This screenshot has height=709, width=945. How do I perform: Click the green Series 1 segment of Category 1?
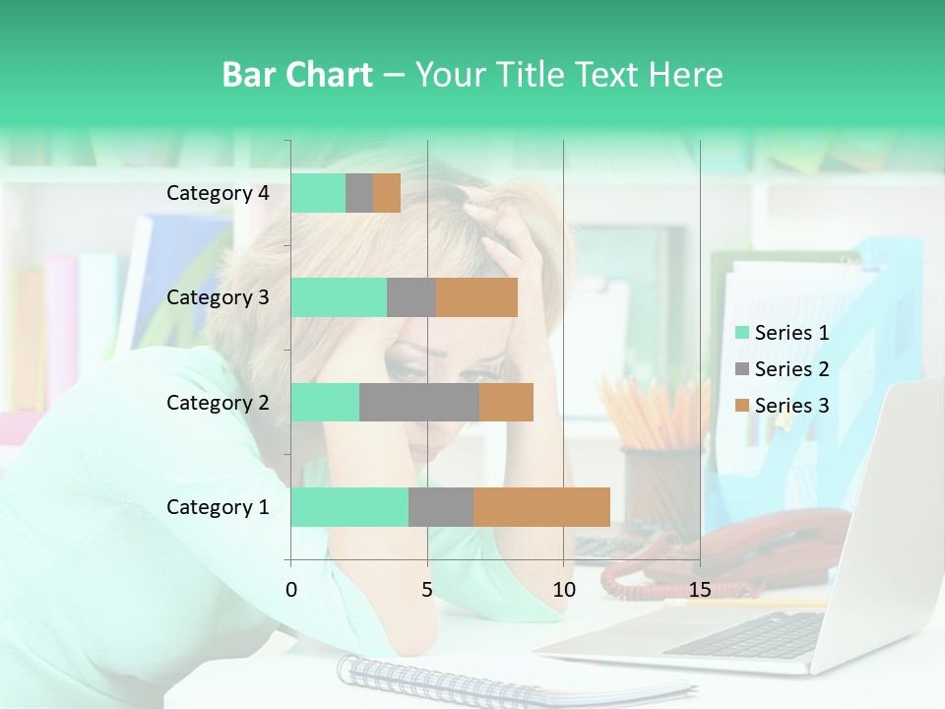349,507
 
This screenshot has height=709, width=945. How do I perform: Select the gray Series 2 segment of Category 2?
418,403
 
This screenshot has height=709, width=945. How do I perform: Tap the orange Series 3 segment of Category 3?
476,297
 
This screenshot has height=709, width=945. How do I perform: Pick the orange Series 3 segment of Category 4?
387,193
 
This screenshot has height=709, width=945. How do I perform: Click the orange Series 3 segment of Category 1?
541,507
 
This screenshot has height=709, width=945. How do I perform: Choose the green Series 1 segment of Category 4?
318,193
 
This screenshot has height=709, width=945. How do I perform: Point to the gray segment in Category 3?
411,297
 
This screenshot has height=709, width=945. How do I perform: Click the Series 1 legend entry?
783,333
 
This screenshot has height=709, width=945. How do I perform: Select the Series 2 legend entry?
783,369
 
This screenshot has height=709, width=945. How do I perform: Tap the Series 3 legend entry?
783,405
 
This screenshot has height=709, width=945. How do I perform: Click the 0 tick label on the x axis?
290,590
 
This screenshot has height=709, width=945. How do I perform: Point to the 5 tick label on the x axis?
427,590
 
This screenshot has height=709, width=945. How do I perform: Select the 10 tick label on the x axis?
563,590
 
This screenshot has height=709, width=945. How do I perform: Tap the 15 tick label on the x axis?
700,590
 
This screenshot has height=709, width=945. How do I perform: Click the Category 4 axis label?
218,193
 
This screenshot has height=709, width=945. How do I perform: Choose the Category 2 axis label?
218,403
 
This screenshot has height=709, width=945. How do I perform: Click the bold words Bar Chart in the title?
297,75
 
